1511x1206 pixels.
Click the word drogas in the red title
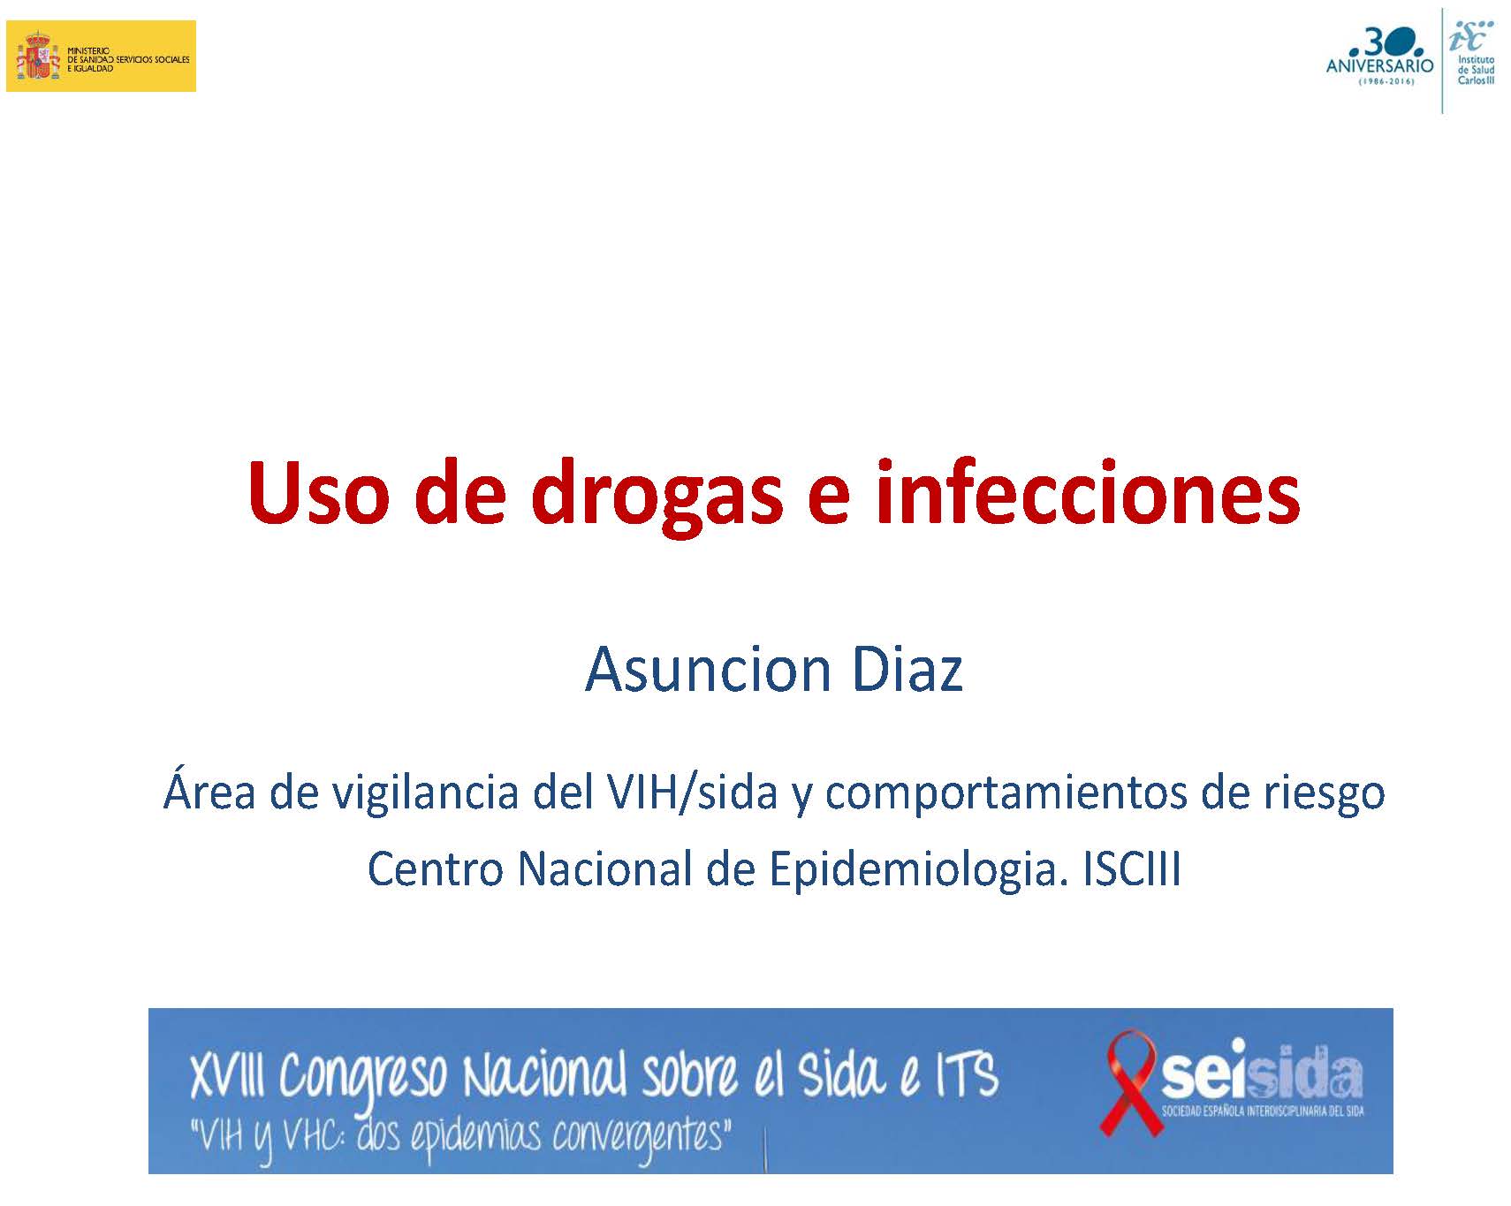pyautogui.click(x=657, y=493)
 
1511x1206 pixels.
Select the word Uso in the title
pyautogui.click(x=318, y=492)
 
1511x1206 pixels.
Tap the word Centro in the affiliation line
pyautogui.click(x=435, y=869)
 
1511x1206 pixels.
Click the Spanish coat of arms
pyautogui.click(x=37, y=56)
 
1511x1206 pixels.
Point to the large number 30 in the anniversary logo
pyautogui.click(x=1390, y=42)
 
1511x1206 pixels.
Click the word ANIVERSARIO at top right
pyautogui.click(x=1380, y=66)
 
